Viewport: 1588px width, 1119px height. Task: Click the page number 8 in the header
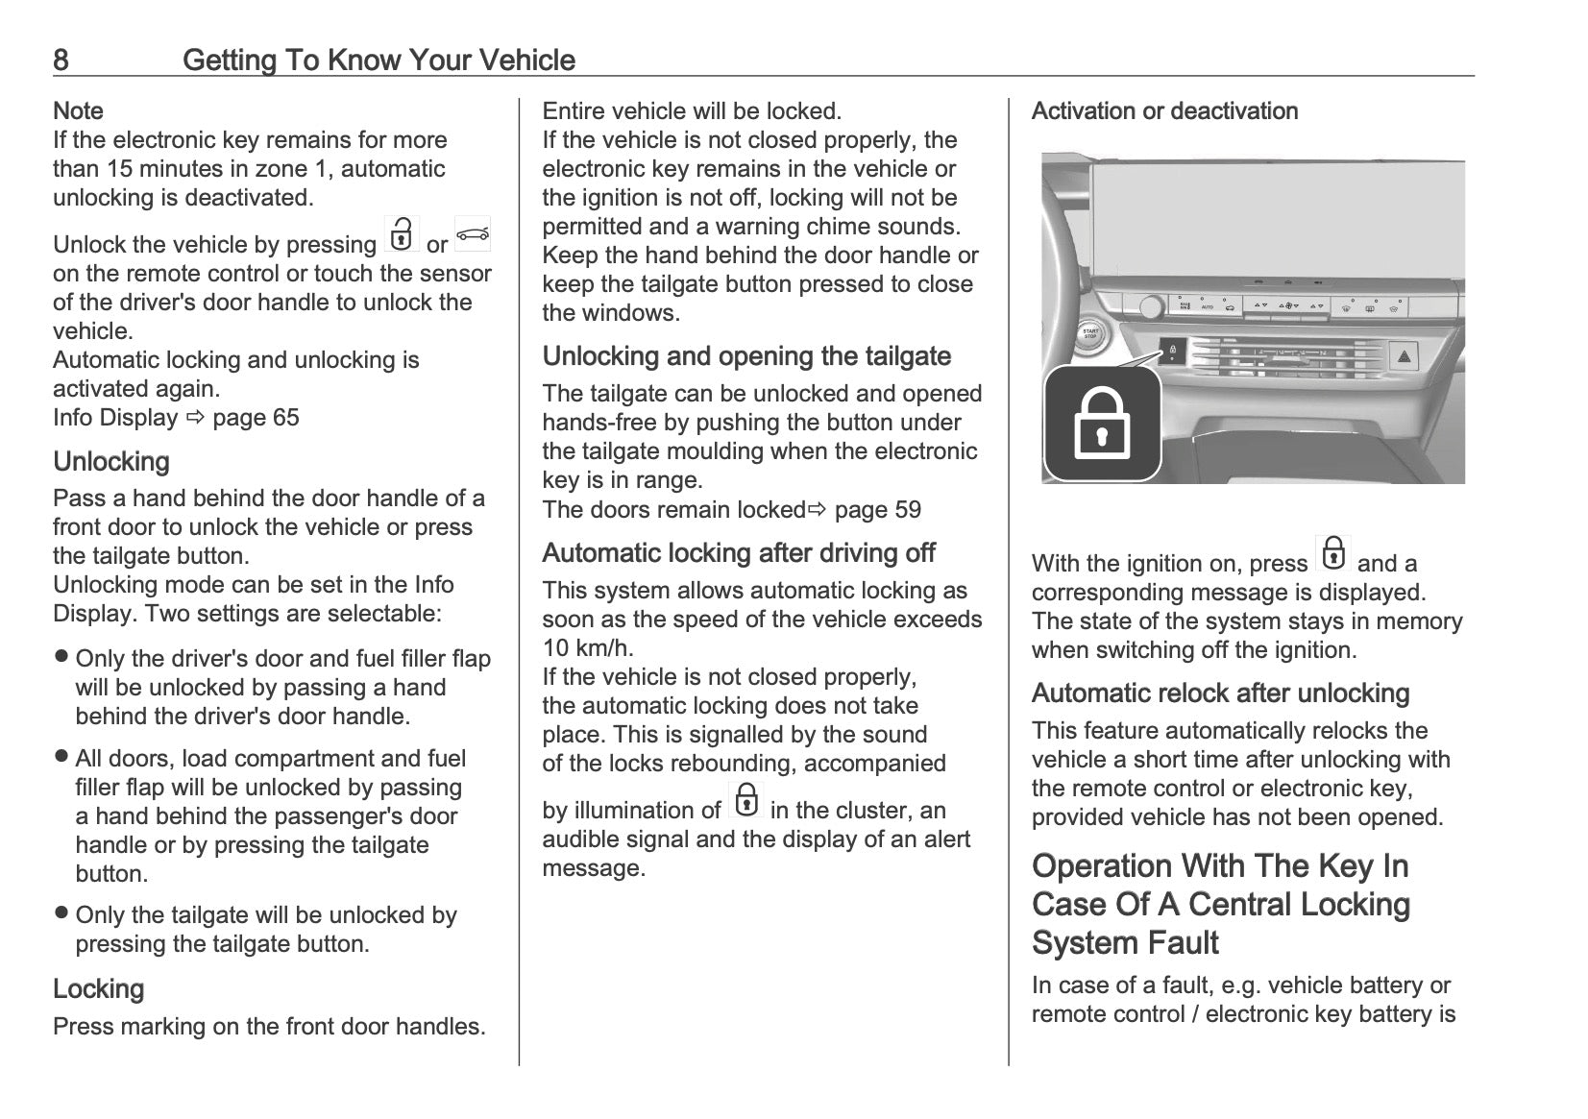tap(61, 61)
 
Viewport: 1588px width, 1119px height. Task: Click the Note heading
tap(78, 111)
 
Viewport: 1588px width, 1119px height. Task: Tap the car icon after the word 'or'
tap(472, 234)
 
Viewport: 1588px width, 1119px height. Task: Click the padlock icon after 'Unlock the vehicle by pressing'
tap(402, 234)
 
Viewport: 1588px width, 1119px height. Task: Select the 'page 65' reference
tap(256, 418)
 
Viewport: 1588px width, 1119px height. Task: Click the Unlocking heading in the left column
tap(111, 462)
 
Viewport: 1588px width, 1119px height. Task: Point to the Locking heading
tap(98, 989)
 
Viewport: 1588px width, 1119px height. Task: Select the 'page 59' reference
tap(877, 510)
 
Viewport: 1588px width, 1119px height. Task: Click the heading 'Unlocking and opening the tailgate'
tap(746, 356)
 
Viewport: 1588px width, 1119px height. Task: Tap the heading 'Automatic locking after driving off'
tap(739, 553)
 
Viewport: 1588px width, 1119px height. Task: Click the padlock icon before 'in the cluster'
tap(745, 800)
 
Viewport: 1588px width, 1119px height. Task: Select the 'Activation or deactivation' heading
tap(1164, 111)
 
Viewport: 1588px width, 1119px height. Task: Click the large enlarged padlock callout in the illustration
tap(1102, 424)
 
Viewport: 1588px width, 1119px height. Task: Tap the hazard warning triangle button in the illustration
tap(1404, 357)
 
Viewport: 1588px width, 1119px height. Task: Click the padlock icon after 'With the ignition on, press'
tap(1333, 554)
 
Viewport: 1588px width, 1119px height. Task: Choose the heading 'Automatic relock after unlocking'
tap(1220, 693)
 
